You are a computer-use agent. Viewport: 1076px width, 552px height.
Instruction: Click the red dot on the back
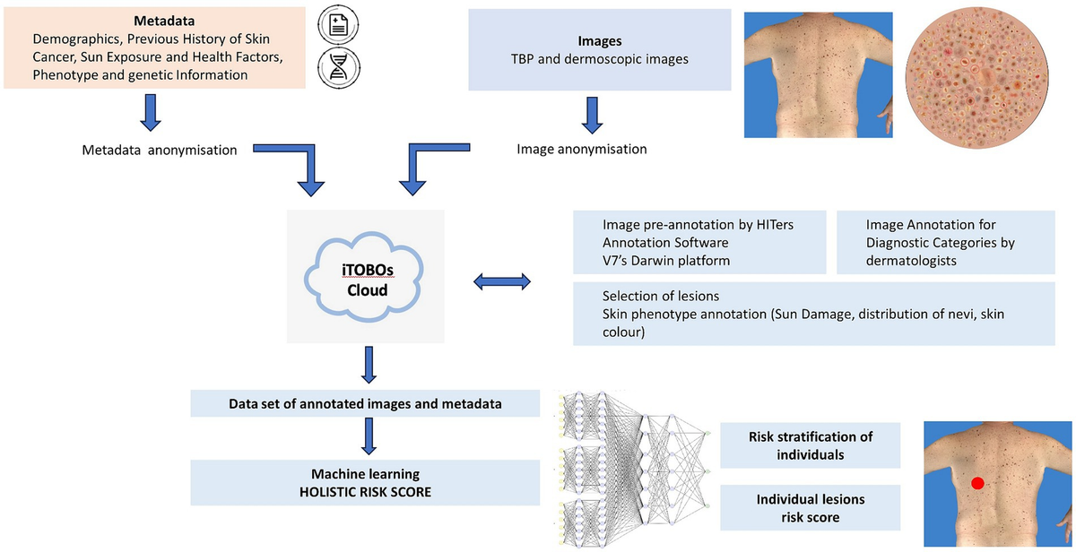977,483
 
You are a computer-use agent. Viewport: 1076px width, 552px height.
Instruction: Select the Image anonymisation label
581,150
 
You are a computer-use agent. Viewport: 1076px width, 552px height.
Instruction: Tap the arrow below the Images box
591,116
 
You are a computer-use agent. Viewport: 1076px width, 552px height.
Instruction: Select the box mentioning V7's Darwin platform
699,242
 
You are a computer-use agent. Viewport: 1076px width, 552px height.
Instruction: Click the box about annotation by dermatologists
944,242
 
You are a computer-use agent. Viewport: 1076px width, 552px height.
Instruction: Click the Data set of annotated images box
365,403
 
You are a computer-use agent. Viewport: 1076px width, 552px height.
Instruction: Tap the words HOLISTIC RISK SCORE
366,491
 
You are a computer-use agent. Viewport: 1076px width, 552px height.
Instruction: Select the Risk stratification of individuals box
811,445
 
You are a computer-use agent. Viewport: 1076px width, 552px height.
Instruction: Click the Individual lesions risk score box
811,507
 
